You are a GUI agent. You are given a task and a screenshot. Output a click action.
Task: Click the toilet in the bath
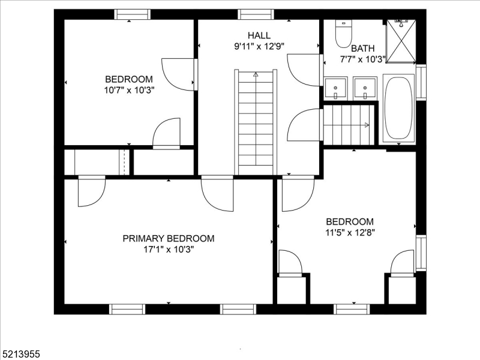343,34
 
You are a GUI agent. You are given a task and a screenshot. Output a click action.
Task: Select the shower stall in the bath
400,41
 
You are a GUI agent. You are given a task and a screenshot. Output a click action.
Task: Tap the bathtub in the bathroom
398,109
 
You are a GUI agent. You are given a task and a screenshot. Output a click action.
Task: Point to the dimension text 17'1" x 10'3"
168,250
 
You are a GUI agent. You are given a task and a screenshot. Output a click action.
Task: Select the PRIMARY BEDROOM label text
168,238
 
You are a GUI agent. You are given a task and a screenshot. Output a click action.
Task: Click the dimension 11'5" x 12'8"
350,233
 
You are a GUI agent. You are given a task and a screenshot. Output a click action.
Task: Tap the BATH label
362,48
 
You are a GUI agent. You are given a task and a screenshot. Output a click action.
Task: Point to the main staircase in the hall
256,120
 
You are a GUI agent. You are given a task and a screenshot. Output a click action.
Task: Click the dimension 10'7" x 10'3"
128,91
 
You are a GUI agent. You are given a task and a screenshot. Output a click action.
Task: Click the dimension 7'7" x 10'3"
362,59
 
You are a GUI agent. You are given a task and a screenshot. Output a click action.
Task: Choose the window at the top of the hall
256,14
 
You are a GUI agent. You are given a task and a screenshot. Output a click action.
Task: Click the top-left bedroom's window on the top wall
133,14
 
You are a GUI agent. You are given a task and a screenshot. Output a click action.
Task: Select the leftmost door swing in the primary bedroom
92,190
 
